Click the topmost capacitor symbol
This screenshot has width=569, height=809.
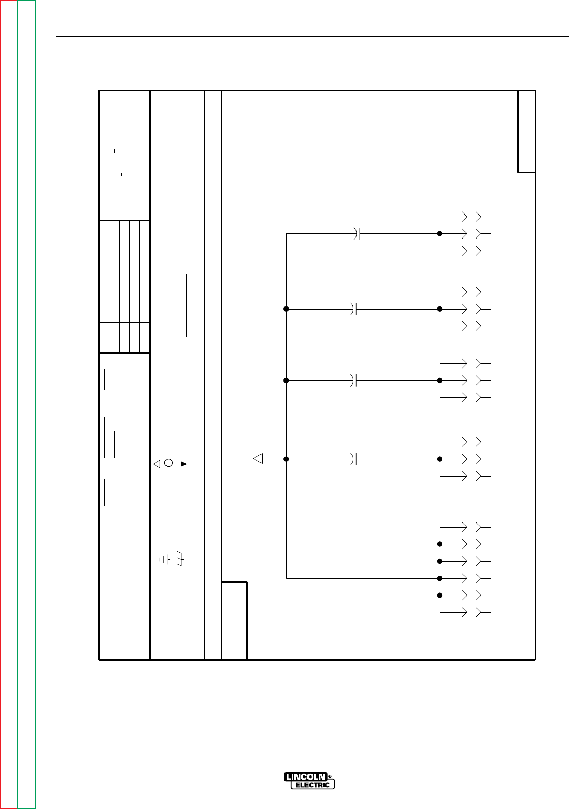pyautogui.click(x=357, y=234)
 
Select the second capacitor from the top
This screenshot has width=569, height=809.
pyautogui.click(x=353, y=309)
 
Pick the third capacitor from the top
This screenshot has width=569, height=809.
pyautogui.click(x=353, y=380)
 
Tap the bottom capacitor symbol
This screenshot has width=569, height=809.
pyautogui.click(x=353, y=459)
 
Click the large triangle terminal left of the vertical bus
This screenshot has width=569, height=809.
pyautogui.click(x=258, y=459)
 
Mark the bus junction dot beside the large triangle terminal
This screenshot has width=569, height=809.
pyautogui.click(x=286, y=459)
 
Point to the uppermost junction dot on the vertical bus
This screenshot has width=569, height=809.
pyautogui.click(x=286, y=309)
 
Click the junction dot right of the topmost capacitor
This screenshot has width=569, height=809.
pyautogui.click(x=439, y=234)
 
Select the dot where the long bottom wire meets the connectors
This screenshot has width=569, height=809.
pyautogui.click(x=439, y=578)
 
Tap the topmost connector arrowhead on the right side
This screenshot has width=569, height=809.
pyautogui.click(x=464, y=217)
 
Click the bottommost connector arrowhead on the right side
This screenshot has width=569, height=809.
pyautogui.click(x=464, y=612)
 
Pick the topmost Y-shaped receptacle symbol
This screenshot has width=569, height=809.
pyautogui.click(x=481, y=217)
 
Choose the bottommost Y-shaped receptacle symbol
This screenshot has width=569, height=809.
pyautogui.click(x=481, y=612)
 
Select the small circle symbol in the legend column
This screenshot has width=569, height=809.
pyautogui.click(x=169, y=463)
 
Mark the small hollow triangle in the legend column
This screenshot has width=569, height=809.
pyautogui.click(x=157, y=464)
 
